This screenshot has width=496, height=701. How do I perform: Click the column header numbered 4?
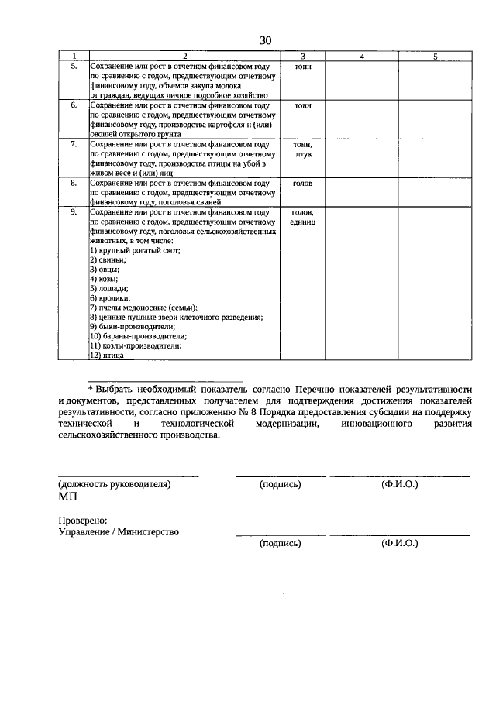[361, 57]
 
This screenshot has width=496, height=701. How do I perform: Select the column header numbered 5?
[435, 57]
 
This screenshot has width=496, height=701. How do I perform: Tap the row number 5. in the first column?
[74, 67]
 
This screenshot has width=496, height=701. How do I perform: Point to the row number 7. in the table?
[74, 144]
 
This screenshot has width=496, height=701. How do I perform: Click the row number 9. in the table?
[74, 211]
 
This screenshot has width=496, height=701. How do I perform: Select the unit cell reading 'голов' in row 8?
[302, 184]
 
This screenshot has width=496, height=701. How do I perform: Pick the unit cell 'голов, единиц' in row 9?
[302, 216]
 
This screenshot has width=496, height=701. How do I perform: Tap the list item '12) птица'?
[107, 356]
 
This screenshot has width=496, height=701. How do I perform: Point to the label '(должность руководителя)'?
[114, 484]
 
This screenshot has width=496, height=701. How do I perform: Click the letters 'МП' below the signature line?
[68, 497]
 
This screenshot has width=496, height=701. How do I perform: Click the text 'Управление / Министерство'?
[119, 532]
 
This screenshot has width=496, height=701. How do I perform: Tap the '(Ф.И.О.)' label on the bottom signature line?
[399, 544]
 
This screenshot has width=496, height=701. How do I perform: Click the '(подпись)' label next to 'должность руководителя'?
[281, 484]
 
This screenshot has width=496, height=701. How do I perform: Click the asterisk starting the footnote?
[90, 388]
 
